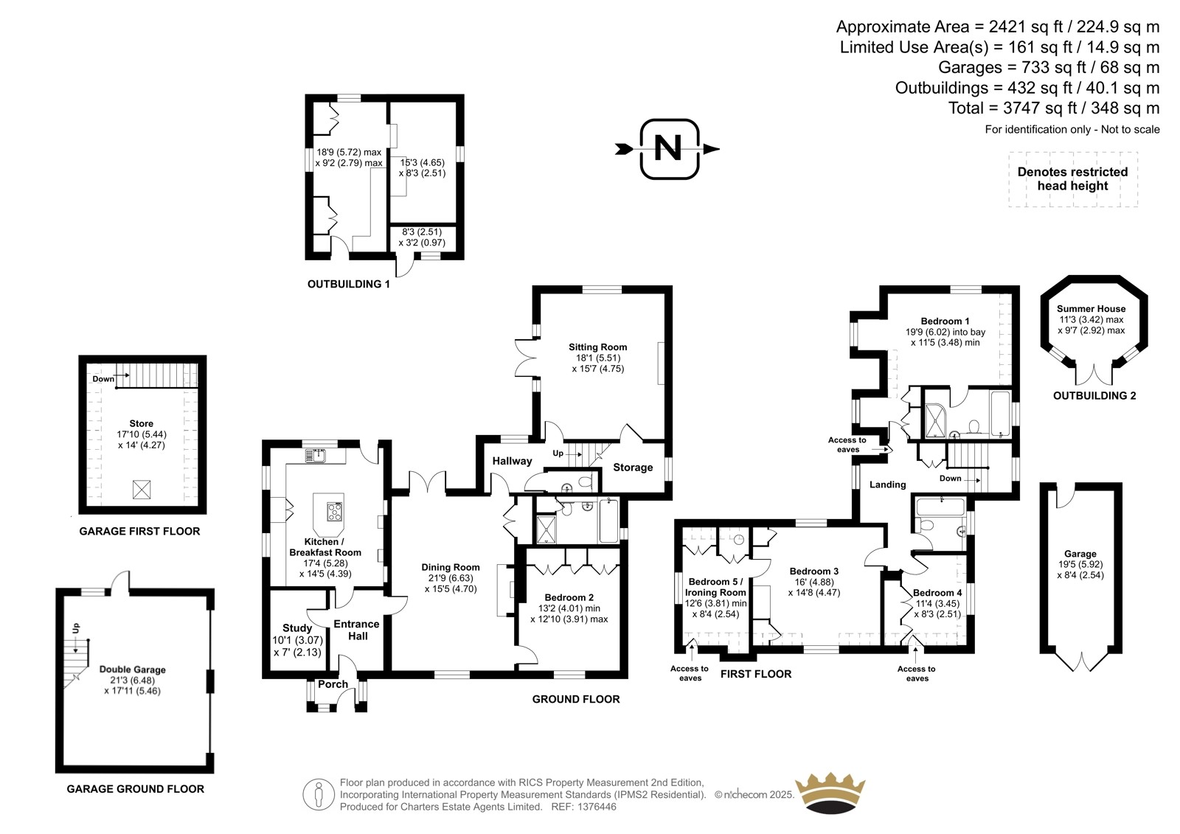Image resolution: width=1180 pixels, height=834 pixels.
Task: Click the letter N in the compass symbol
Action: pos(668,148)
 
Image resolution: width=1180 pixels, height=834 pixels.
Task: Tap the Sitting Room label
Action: pos(598,347)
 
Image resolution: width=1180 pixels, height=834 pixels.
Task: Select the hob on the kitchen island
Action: pos(335,512)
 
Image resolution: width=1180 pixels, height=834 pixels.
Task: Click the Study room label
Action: pos(297,628)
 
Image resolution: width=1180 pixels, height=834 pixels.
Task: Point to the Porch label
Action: pos(333,684)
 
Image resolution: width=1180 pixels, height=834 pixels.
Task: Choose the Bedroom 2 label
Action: pos(569,597)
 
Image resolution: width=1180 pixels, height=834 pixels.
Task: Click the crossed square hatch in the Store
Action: pos(142,490)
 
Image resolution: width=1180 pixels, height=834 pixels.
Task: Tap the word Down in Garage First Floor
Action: pos(103,379)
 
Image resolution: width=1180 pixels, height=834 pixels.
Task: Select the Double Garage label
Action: pos(133,670)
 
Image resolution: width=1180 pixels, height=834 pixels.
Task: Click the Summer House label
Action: pos(1091,309)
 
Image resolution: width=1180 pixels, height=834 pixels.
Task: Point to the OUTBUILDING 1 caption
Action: pos(349,284)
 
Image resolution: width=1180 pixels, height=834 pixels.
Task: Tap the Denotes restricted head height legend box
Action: pos(1073,179)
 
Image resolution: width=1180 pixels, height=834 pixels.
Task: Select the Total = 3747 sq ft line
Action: pos(1054,108)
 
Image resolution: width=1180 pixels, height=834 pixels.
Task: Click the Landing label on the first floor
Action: pos(888,484)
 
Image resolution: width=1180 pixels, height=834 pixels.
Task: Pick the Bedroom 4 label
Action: pos(937,593)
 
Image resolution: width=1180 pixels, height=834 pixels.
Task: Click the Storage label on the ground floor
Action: pos(633,468)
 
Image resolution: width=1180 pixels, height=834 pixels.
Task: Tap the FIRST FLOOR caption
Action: pos(756,674)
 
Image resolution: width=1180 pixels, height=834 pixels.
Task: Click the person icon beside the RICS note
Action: pos(318,794)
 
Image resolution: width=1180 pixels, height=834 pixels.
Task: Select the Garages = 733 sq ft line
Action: pos(1049,67)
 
